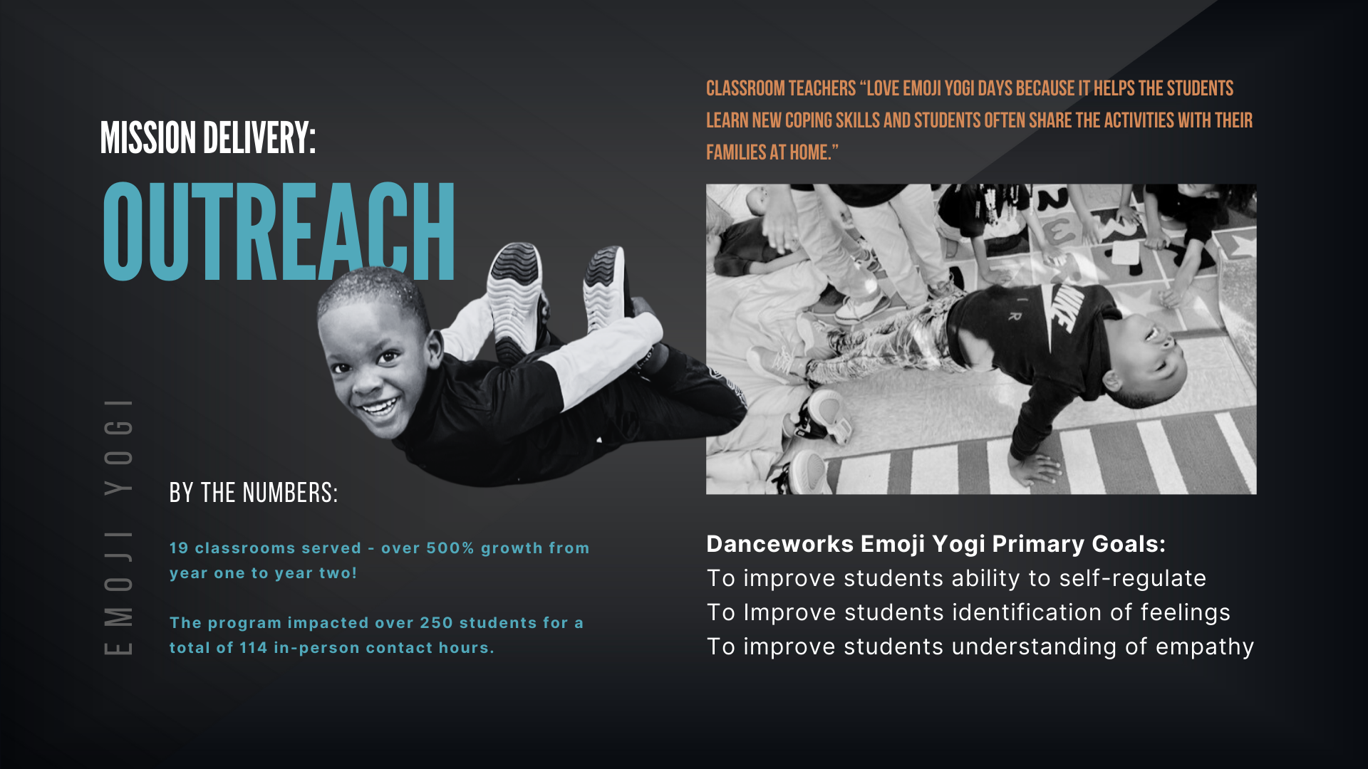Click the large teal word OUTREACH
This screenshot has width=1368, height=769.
click(x=279, y=231)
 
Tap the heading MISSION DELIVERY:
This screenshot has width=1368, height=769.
click(x=207, y=137)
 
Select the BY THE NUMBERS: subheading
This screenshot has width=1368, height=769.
click(x=253, y=493)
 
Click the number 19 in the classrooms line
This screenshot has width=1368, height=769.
click(x=179, y=548)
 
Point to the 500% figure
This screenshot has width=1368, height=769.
click(x=450, y=548)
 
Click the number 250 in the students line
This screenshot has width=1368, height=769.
click(x=436, y=622)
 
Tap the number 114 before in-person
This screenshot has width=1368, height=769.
click(x=253, y=647)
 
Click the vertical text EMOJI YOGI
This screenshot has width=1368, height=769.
click(x=118, y=526)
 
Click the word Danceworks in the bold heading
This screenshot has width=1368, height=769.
click(x=779, y=544)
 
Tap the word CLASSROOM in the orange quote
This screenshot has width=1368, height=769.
click(x=745, y=88)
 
